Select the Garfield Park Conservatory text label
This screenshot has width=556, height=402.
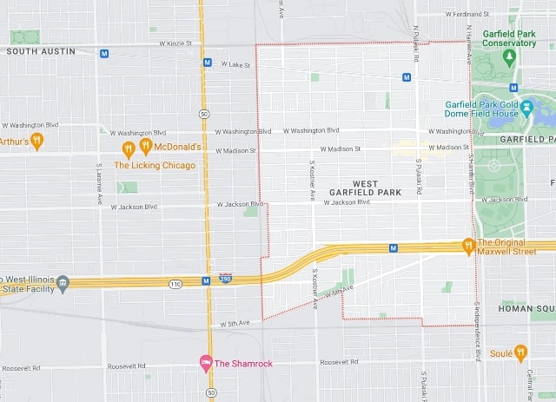(x=509, y=38)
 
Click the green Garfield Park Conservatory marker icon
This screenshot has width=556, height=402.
(x=510, y=57)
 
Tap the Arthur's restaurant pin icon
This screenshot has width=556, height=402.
(x=36, y=141)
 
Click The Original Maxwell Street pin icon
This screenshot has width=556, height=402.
(x=468, y=245)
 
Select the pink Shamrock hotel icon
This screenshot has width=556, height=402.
(x=206, y=362)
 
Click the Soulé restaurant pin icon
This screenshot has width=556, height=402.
(x=520, y=353)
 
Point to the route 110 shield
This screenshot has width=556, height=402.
(x=175, y=284)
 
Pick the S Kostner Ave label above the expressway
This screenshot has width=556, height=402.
(x=312, y=179)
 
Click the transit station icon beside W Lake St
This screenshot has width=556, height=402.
(x=208, y=63)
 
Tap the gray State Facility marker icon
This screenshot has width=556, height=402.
(x=63, y=282)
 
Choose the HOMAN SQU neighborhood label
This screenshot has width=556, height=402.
(x=526, y=308)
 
